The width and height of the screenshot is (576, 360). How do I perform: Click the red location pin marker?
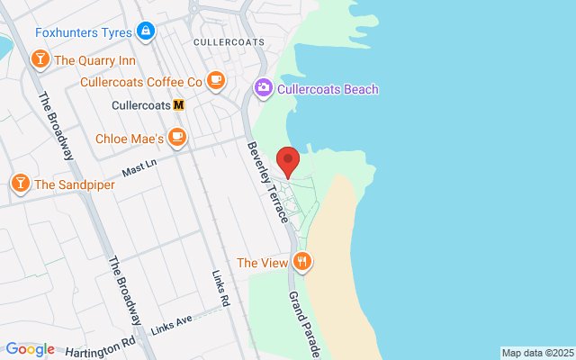pyautogui.click(x=288, y=160)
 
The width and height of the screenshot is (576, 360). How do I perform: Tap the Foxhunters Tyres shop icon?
pyautogui.click(x=146, y=32)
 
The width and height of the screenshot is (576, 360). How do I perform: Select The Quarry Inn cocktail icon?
pyautogui.click(x=40, y=60)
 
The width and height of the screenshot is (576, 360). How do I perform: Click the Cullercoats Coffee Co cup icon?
pyautogui.click(x=215, y=81)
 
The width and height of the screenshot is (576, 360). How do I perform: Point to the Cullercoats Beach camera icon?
pyautogui.click(x=263, y=89)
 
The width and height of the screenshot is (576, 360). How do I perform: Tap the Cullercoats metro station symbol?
pyautogui.click(x=179, y=104)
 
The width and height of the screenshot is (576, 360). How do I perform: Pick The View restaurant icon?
pyautogui.click(x=301, y=263)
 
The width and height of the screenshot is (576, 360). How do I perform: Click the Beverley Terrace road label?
pyautogui.click(x=268, y=183)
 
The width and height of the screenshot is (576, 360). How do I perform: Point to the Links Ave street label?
pyautogui.click(x=172, y=320)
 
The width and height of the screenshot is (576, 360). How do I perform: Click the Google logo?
pyautogui.click(x=30, y=349)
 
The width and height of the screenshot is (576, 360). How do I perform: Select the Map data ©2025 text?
pyautogui.click(x=536, y=352)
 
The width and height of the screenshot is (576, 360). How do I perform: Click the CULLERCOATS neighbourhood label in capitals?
pyautogui.click(x=228, y=41)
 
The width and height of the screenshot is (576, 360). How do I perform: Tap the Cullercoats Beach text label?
pyautogui.click(x=328, y=89)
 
